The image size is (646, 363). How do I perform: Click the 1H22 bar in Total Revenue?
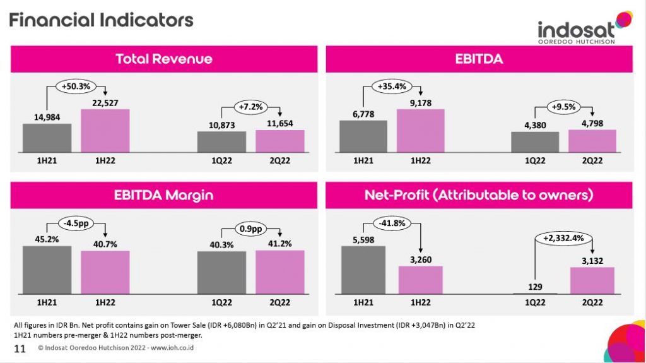(105, 131)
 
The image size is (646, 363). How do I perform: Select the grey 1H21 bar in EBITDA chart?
(363, 136)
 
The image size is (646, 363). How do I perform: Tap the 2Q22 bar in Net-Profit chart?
(592, 280)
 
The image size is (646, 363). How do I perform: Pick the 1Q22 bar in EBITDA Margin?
(221, 272)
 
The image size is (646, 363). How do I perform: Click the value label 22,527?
(105, 103)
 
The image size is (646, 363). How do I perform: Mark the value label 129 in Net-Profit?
(534, 287)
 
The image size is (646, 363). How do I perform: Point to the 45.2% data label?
(47, 239)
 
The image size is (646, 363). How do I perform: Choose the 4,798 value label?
(592, 124)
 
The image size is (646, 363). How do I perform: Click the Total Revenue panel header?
(164, 59)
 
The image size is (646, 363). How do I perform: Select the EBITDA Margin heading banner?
(164, 195)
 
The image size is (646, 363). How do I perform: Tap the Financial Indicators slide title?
(101, 20)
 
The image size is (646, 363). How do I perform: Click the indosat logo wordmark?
(576, 30)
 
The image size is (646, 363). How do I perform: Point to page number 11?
(20, 348)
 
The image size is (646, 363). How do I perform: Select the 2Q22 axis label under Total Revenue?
(279, 160)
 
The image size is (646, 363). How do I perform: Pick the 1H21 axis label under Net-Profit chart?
(363, 303)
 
